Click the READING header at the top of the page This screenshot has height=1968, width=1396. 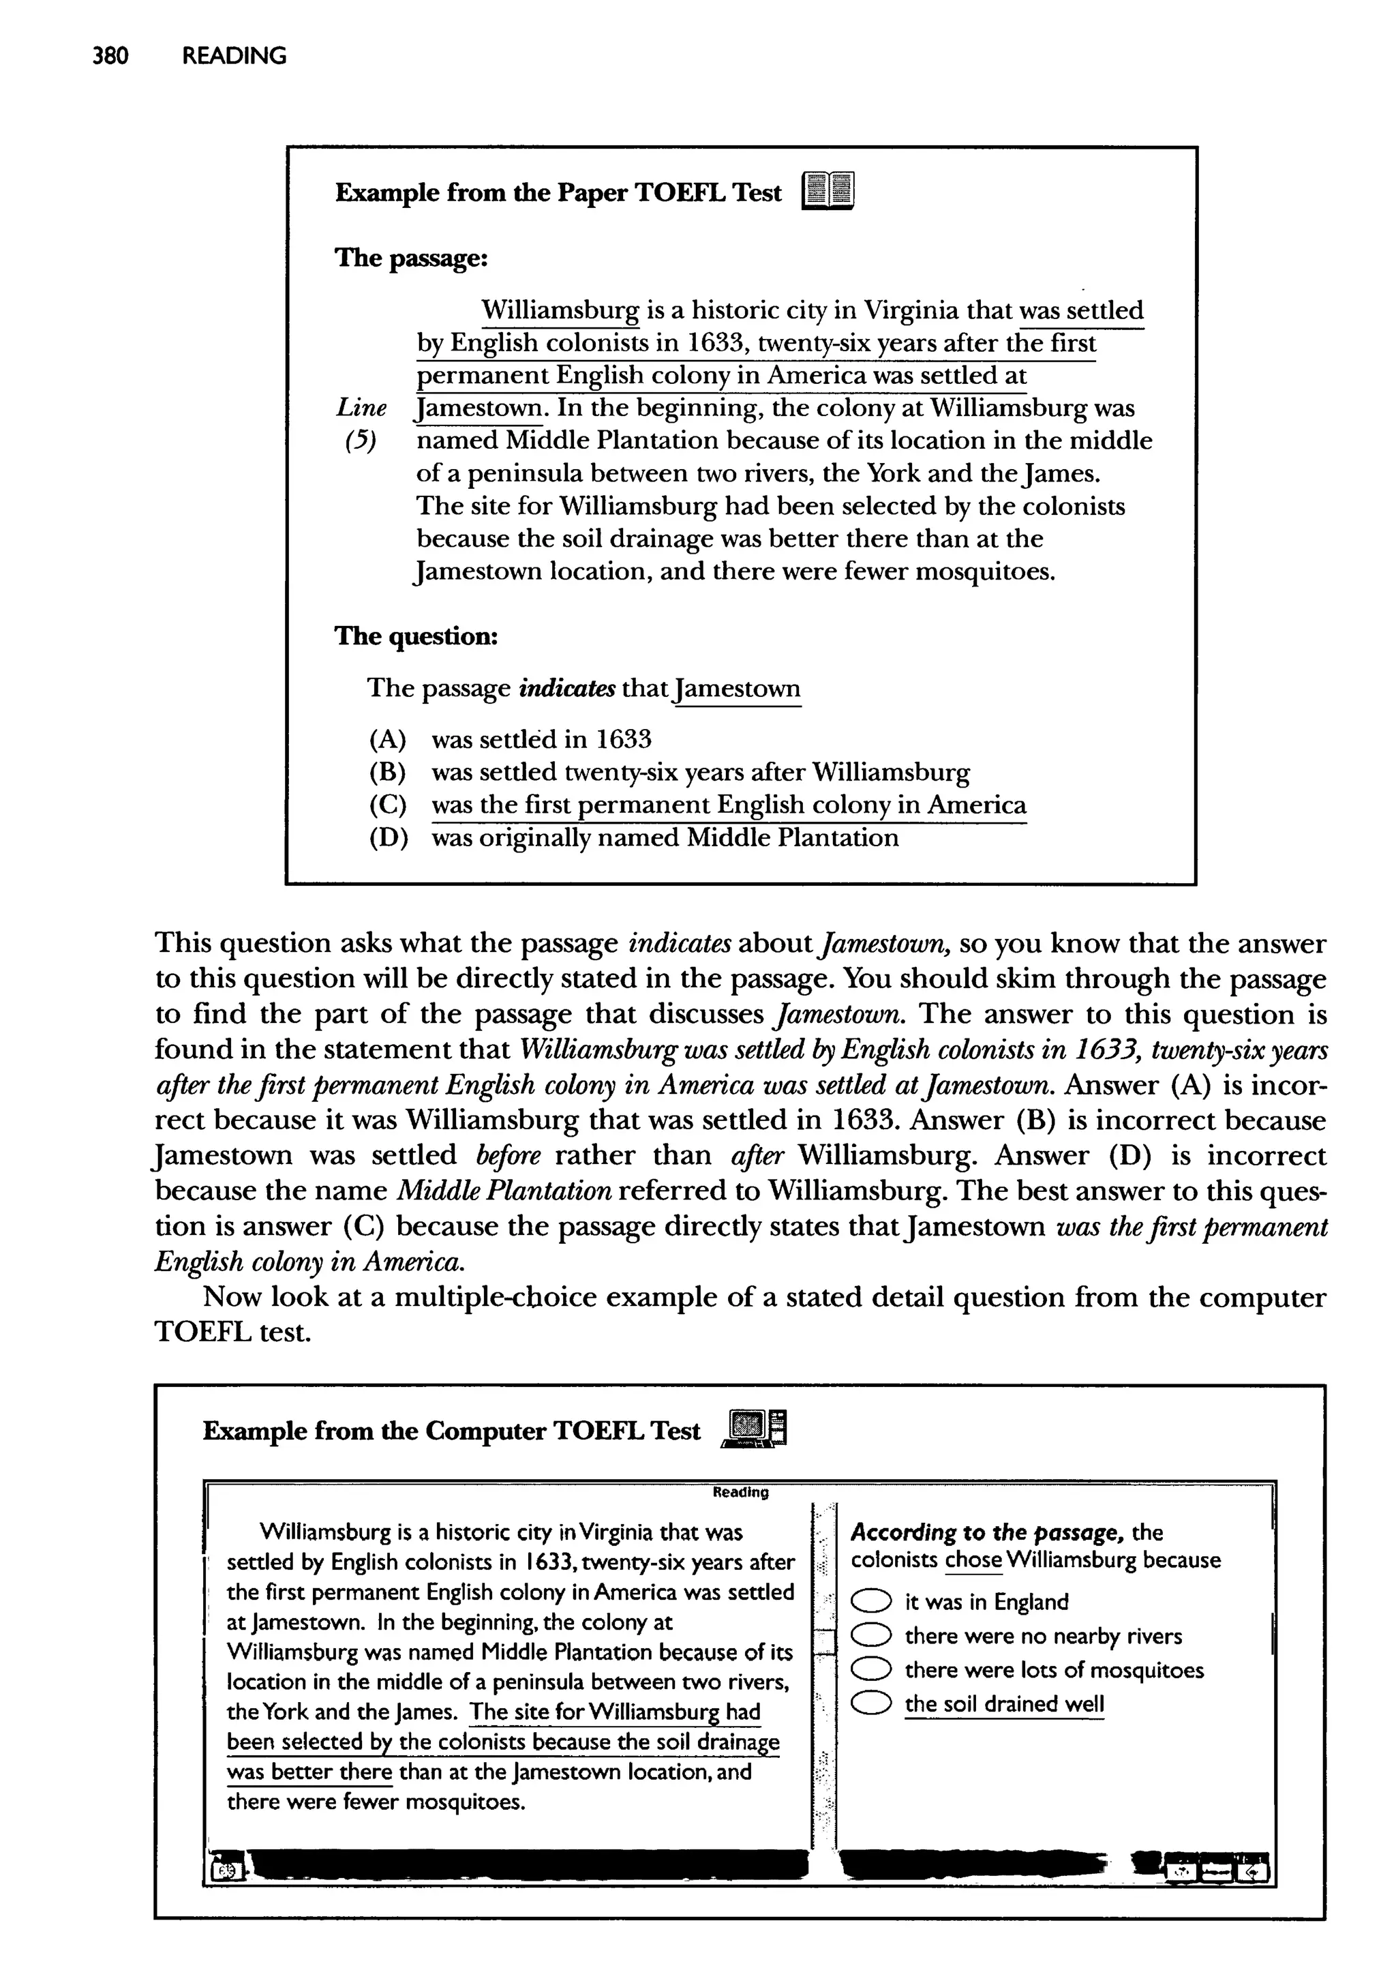234,56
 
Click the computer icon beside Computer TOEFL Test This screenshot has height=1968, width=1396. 757,1430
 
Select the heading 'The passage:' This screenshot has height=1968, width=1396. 411,257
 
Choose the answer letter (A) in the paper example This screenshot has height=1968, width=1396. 388,739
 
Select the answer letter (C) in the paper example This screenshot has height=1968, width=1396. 388,805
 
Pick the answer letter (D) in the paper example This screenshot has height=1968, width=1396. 388,838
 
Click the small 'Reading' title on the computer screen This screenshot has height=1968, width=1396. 741,1493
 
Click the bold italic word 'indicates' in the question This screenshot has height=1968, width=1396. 566,688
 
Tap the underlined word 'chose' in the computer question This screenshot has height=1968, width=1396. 973,1560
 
